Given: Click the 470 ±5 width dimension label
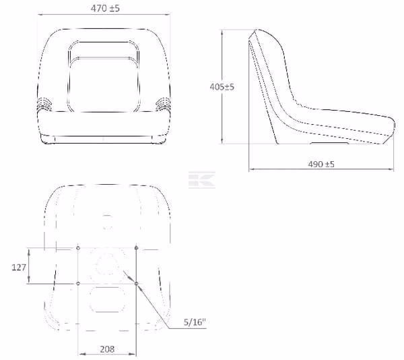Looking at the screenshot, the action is pos(105,8).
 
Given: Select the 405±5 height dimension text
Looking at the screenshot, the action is pos(222,87).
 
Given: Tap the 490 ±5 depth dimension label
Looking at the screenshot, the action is pos(321,164).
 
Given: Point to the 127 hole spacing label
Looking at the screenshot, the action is pos(19,268).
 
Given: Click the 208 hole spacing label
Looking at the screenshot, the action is pos(107,349).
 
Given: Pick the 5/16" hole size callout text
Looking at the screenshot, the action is pos(195,322).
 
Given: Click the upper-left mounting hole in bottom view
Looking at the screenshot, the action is pos(78,248).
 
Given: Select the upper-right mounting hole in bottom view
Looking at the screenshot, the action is pos(136,248).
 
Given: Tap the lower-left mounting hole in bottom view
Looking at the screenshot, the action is pos(78,284).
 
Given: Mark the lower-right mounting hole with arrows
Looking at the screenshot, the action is pos(136,284).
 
